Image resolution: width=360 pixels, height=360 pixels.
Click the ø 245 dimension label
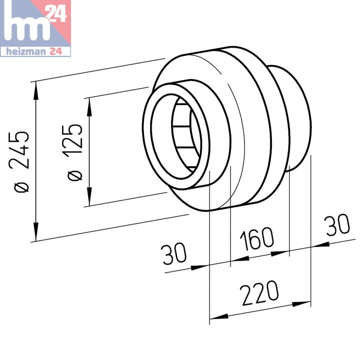pos(19,162)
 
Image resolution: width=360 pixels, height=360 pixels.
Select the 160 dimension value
pos(256,239)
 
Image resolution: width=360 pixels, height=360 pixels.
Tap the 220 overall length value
pos(259,293)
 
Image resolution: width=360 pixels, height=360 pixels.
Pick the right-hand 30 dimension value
pos(337,224)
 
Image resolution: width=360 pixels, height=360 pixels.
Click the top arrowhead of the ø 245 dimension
pos(35,91)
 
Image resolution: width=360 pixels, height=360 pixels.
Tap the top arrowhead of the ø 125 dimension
pos(89,107)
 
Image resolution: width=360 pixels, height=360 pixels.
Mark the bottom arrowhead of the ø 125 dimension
pos(89,197)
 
